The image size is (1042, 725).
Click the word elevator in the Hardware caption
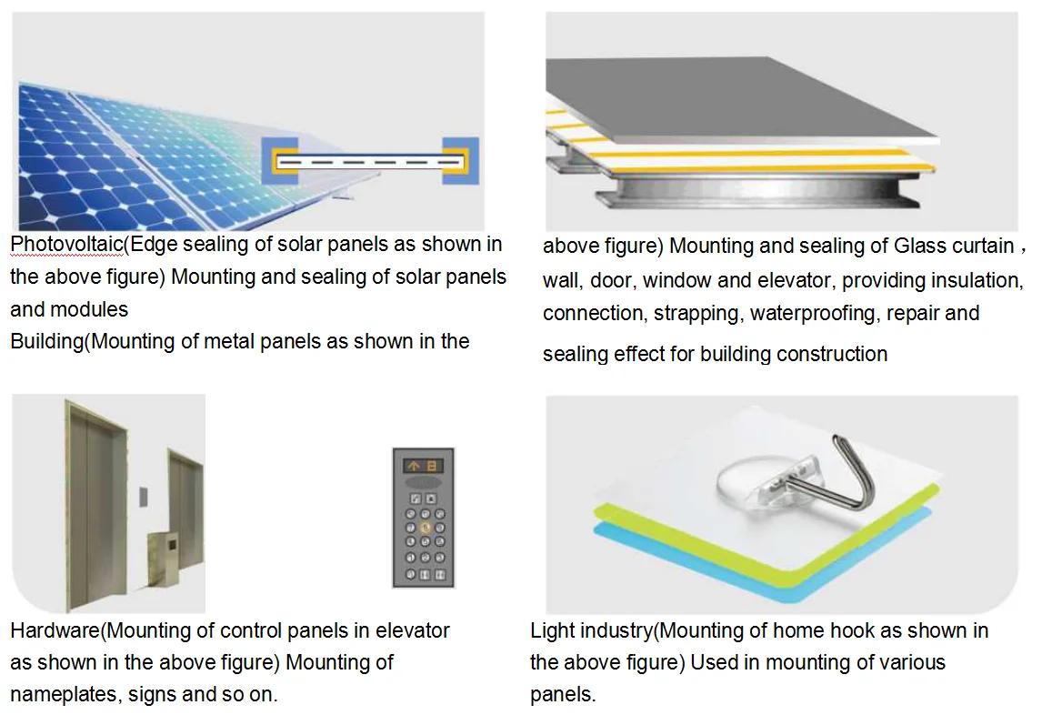point(413,630)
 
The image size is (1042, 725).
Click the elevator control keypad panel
point(423,517)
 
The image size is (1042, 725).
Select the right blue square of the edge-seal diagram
point(461,161)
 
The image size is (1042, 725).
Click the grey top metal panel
point(746,100)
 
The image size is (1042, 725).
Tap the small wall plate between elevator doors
point(141,496)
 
